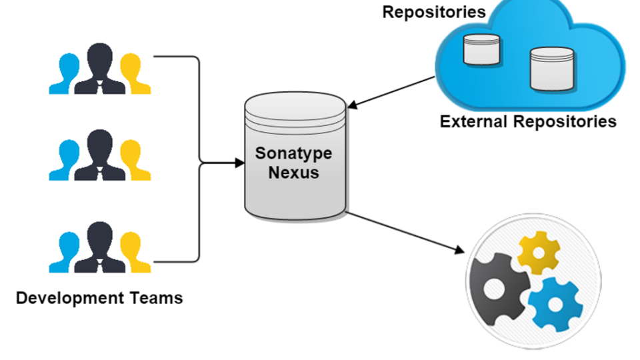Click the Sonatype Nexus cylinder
pyautogui.click(x=295, y=193)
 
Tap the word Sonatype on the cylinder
pyautogui.click(x=293, y=153)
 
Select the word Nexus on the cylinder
pyautogui.click(x=293, y=173)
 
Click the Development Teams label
pyautogui.click(x=99, y=297)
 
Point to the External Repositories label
pyautogui.click(x=528, y=121)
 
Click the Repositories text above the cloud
pyautogui.click(x=434, y=11)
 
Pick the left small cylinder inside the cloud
pyautogui.click(x=482, y=49)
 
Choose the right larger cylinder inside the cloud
pyautogui.click(x=552, y=69)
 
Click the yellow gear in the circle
pyautogui.click(x=539, y=252)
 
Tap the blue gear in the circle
pyautogui.click(x=555, y=304)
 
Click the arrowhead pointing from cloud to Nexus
pyautogui.click(x=352, y=105)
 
